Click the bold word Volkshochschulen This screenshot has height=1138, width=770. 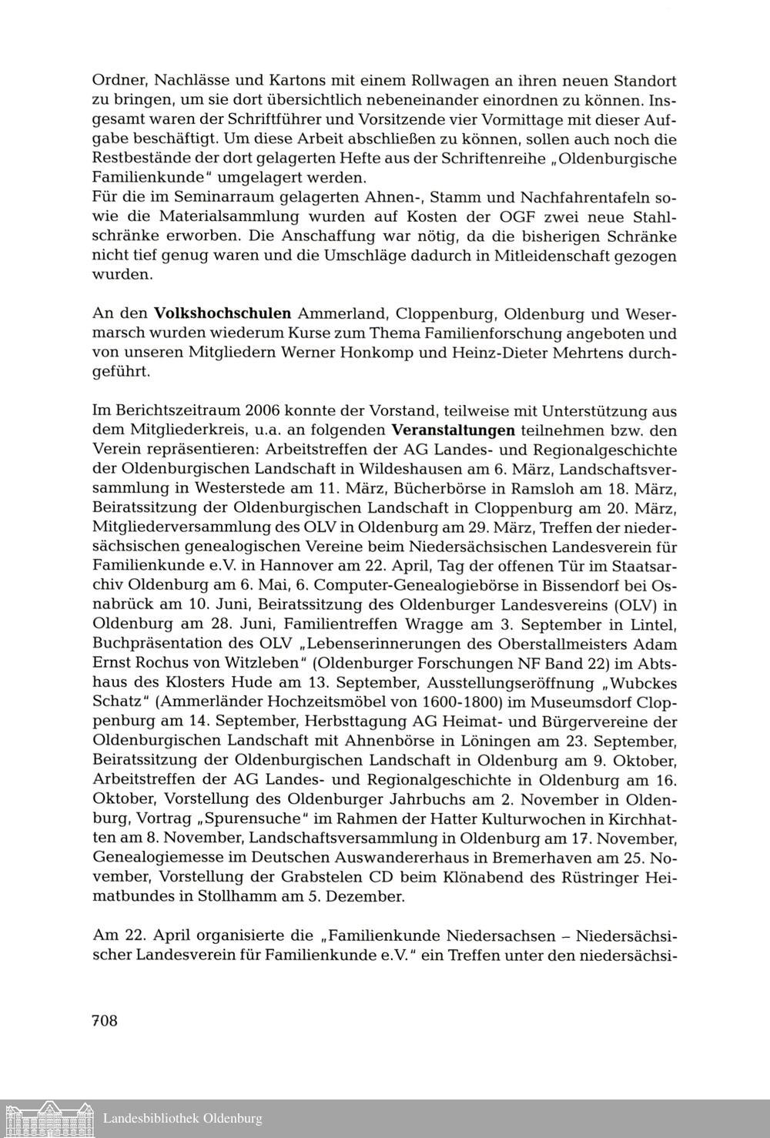coord(223,313)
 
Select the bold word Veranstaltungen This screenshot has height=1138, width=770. coord(453,430)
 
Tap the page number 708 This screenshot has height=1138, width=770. coord(105,1021)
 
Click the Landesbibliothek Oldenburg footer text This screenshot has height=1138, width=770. coord(182,1119)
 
